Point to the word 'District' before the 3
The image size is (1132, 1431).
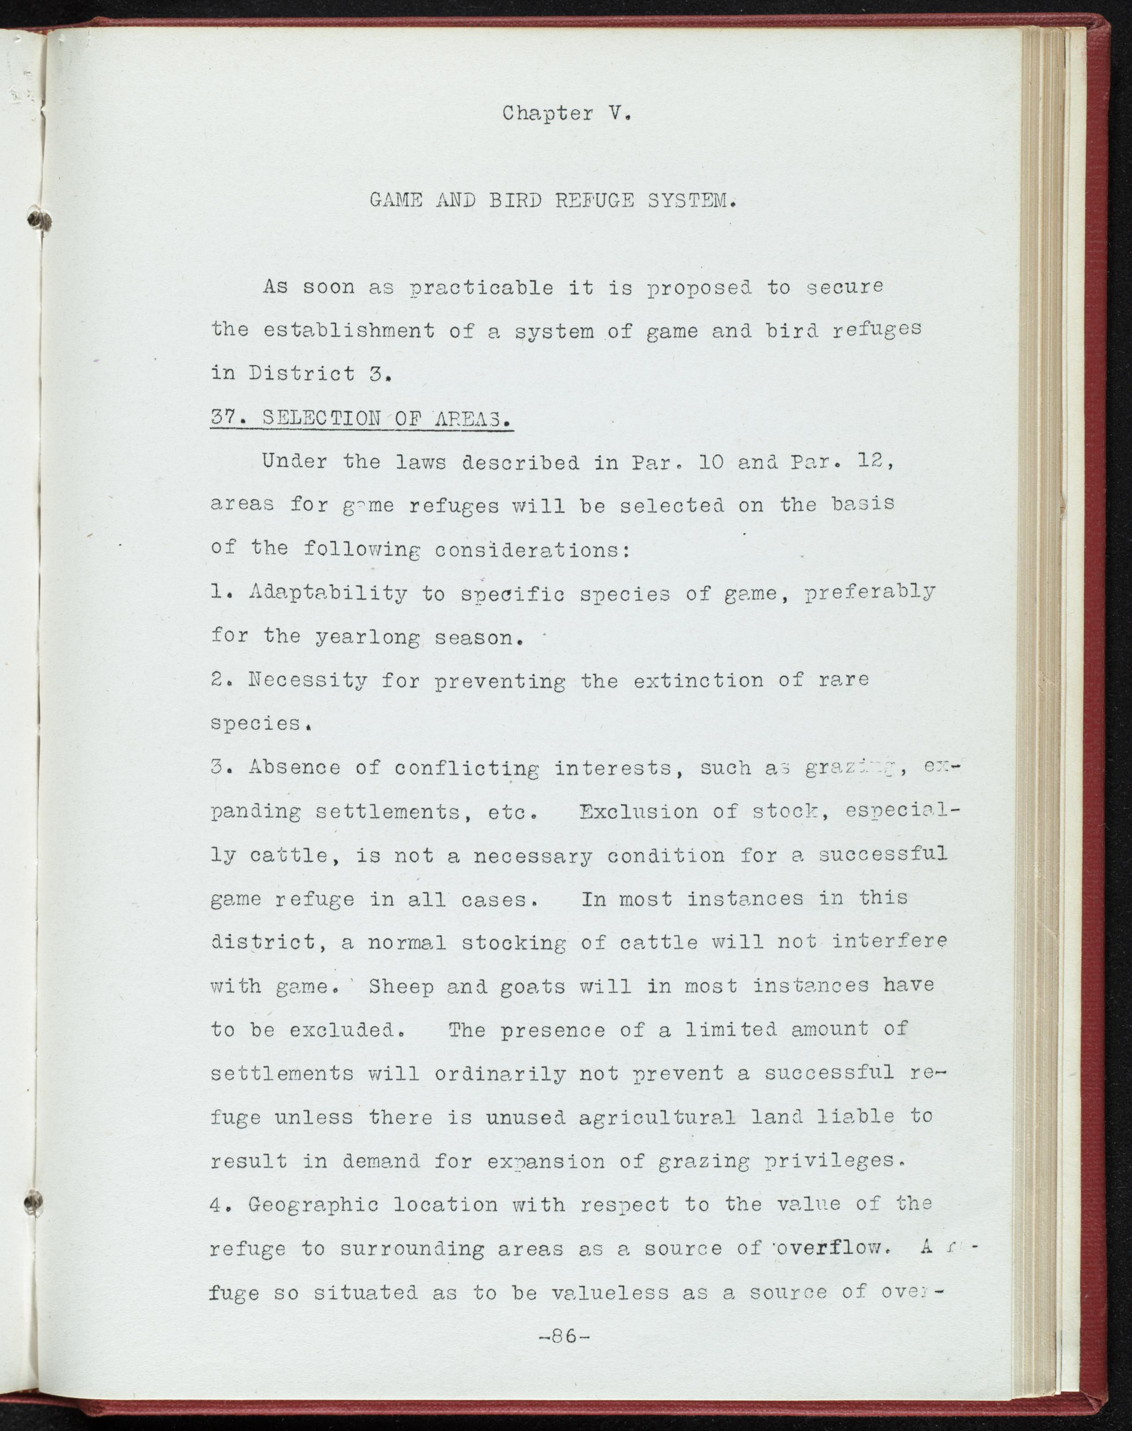302,374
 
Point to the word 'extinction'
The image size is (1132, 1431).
698,680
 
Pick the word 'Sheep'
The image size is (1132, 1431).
401,986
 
